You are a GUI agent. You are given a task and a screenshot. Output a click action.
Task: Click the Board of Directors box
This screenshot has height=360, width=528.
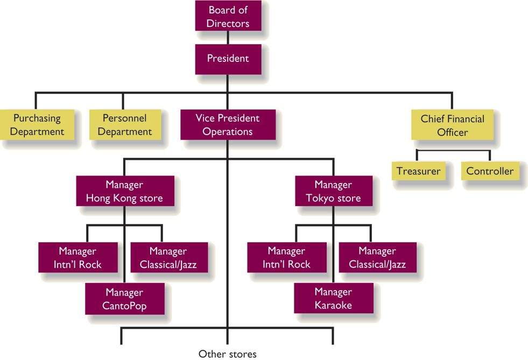point(229,17)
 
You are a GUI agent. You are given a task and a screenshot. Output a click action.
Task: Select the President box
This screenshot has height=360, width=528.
point(229,58)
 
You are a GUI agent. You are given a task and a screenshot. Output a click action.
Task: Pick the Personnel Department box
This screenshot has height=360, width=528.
point(124,125)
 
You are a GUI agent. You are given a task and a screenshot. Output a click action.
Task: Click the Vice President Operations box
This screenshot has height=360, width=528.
point(228,125)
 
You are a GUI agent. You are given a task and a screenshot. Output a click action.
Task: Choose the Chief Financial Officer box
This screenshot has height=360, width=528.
point(452,125)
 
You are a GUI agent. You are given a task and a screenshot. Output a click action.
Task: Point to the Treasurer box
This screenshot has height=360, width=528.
point(418,172)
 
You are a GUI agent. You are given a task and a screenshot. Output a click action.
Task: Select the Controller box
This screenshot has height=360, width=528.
point(490,172)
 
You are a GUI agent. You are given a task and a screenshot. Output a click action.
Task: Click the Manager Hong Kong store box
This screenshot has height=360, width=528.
point(124,192)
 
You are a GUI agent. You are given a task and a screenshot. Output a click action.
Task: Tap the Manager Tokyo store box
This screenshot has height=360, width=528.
point(333,192)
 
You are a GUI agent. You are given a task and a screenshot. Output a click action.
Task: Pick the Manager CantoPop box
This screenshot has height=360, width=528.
point(124,299)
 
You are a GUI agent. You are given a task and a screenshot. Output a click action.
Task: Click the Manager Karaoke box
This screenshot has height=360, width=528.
point(333,299)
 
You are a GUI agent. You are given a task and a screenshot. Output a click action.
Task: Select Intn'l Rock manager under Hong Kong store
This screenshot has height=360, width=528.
point(78,258)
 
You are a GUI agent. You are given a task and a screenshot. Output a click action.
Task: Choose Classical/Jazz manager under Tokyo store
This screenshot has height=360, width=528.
point(377,258)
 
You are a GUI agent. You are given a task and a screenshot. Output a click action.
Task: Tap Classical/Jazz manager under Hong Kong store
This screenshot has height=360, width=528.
point(168,258)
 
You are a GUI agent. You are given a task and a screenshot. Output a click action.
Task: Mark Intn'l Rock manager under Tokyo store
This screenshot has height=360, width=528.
point(286,258)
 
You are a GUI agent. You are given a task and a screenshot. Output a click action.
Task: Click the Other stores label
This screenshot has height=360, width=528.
point(228,354)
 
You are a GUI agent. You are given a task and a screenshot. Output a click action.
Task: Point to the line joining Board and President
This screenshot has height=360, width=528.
point(228,38)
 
